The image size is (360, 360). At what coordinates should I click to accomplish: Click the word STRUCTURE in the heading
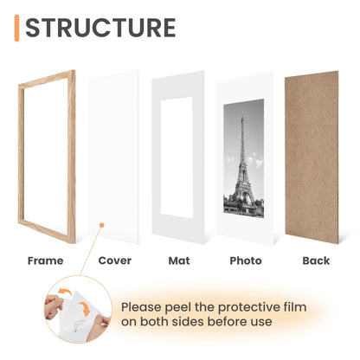[x=100, y=28]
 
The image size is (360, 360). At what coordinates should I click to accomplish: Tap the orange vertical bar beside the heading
[x=17, y=28]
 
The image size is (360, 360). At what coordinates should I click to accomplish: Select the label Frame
[x=45, y=260]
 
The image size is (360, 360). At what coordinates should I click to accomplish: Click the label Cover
[x=114, y=260]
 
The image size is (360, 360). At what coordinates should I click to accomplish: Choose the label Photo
[x=246, y=260]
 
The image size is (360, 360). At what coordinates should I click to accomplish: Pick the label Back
[x=317, y=260]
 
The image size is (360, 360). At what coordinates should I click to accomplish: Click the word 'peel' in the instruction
[x=182, y=306]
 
